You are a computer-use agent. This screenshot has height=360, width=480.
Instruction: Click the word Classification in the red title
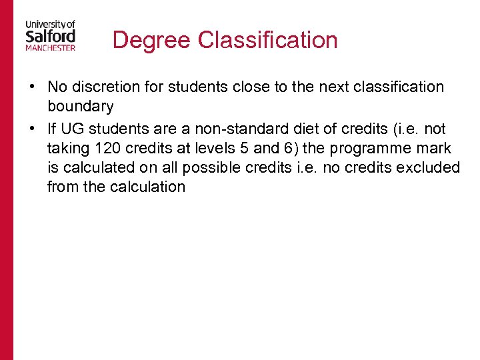pyautogui.click(x=268, y=40)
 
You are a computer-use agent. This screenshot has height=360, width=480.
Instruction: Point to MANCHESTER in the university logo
pyautogui.click(x=51, y=48)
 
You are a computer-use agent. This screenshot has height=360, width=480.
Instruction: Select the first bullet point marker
pyautogui.click(x=32, y=87)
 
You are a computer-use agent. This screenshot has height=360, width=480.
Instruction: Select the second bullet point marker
pyautogui.click(x=32, y=129)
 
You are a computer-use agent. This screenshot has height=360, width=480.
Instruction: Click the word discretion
pyautogui.click(x=105, y=87)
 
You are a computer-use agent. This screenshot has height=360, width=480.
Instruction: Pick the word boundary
pyautogui.click(x=80, y=107)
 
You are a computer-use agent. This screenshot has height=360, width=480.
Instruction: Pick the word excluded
pyautogui.click(x=428, y=167)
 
